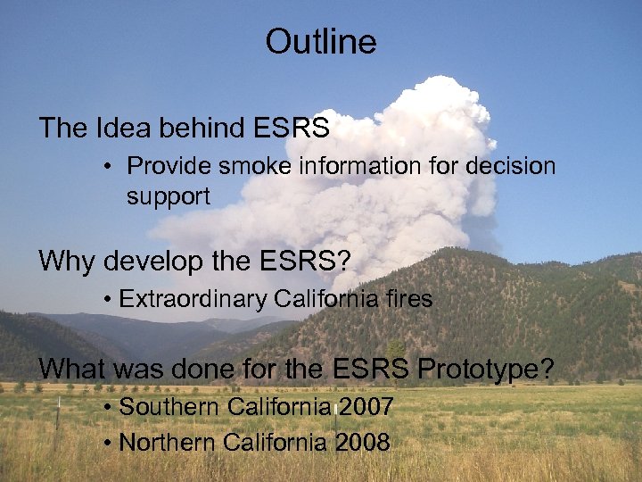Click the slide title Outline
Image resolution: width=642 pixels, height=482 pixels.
[321, 42]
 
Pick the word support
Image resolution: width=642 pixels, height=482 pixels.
[168, 196]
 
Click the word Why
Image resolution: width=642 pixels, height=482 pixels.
[68, 262]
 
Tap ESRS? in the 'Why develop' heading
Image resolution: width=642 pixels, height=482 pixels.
[308, 262]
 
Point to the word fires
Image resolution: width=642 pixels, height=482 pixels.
[406, 299]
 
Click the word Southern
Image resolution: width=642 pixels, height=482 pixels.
[169, 407]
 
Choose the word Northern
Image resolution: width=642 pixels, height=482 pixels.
[169, 442]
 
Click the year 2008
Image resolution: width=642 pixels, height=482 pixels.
[363, 442]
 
